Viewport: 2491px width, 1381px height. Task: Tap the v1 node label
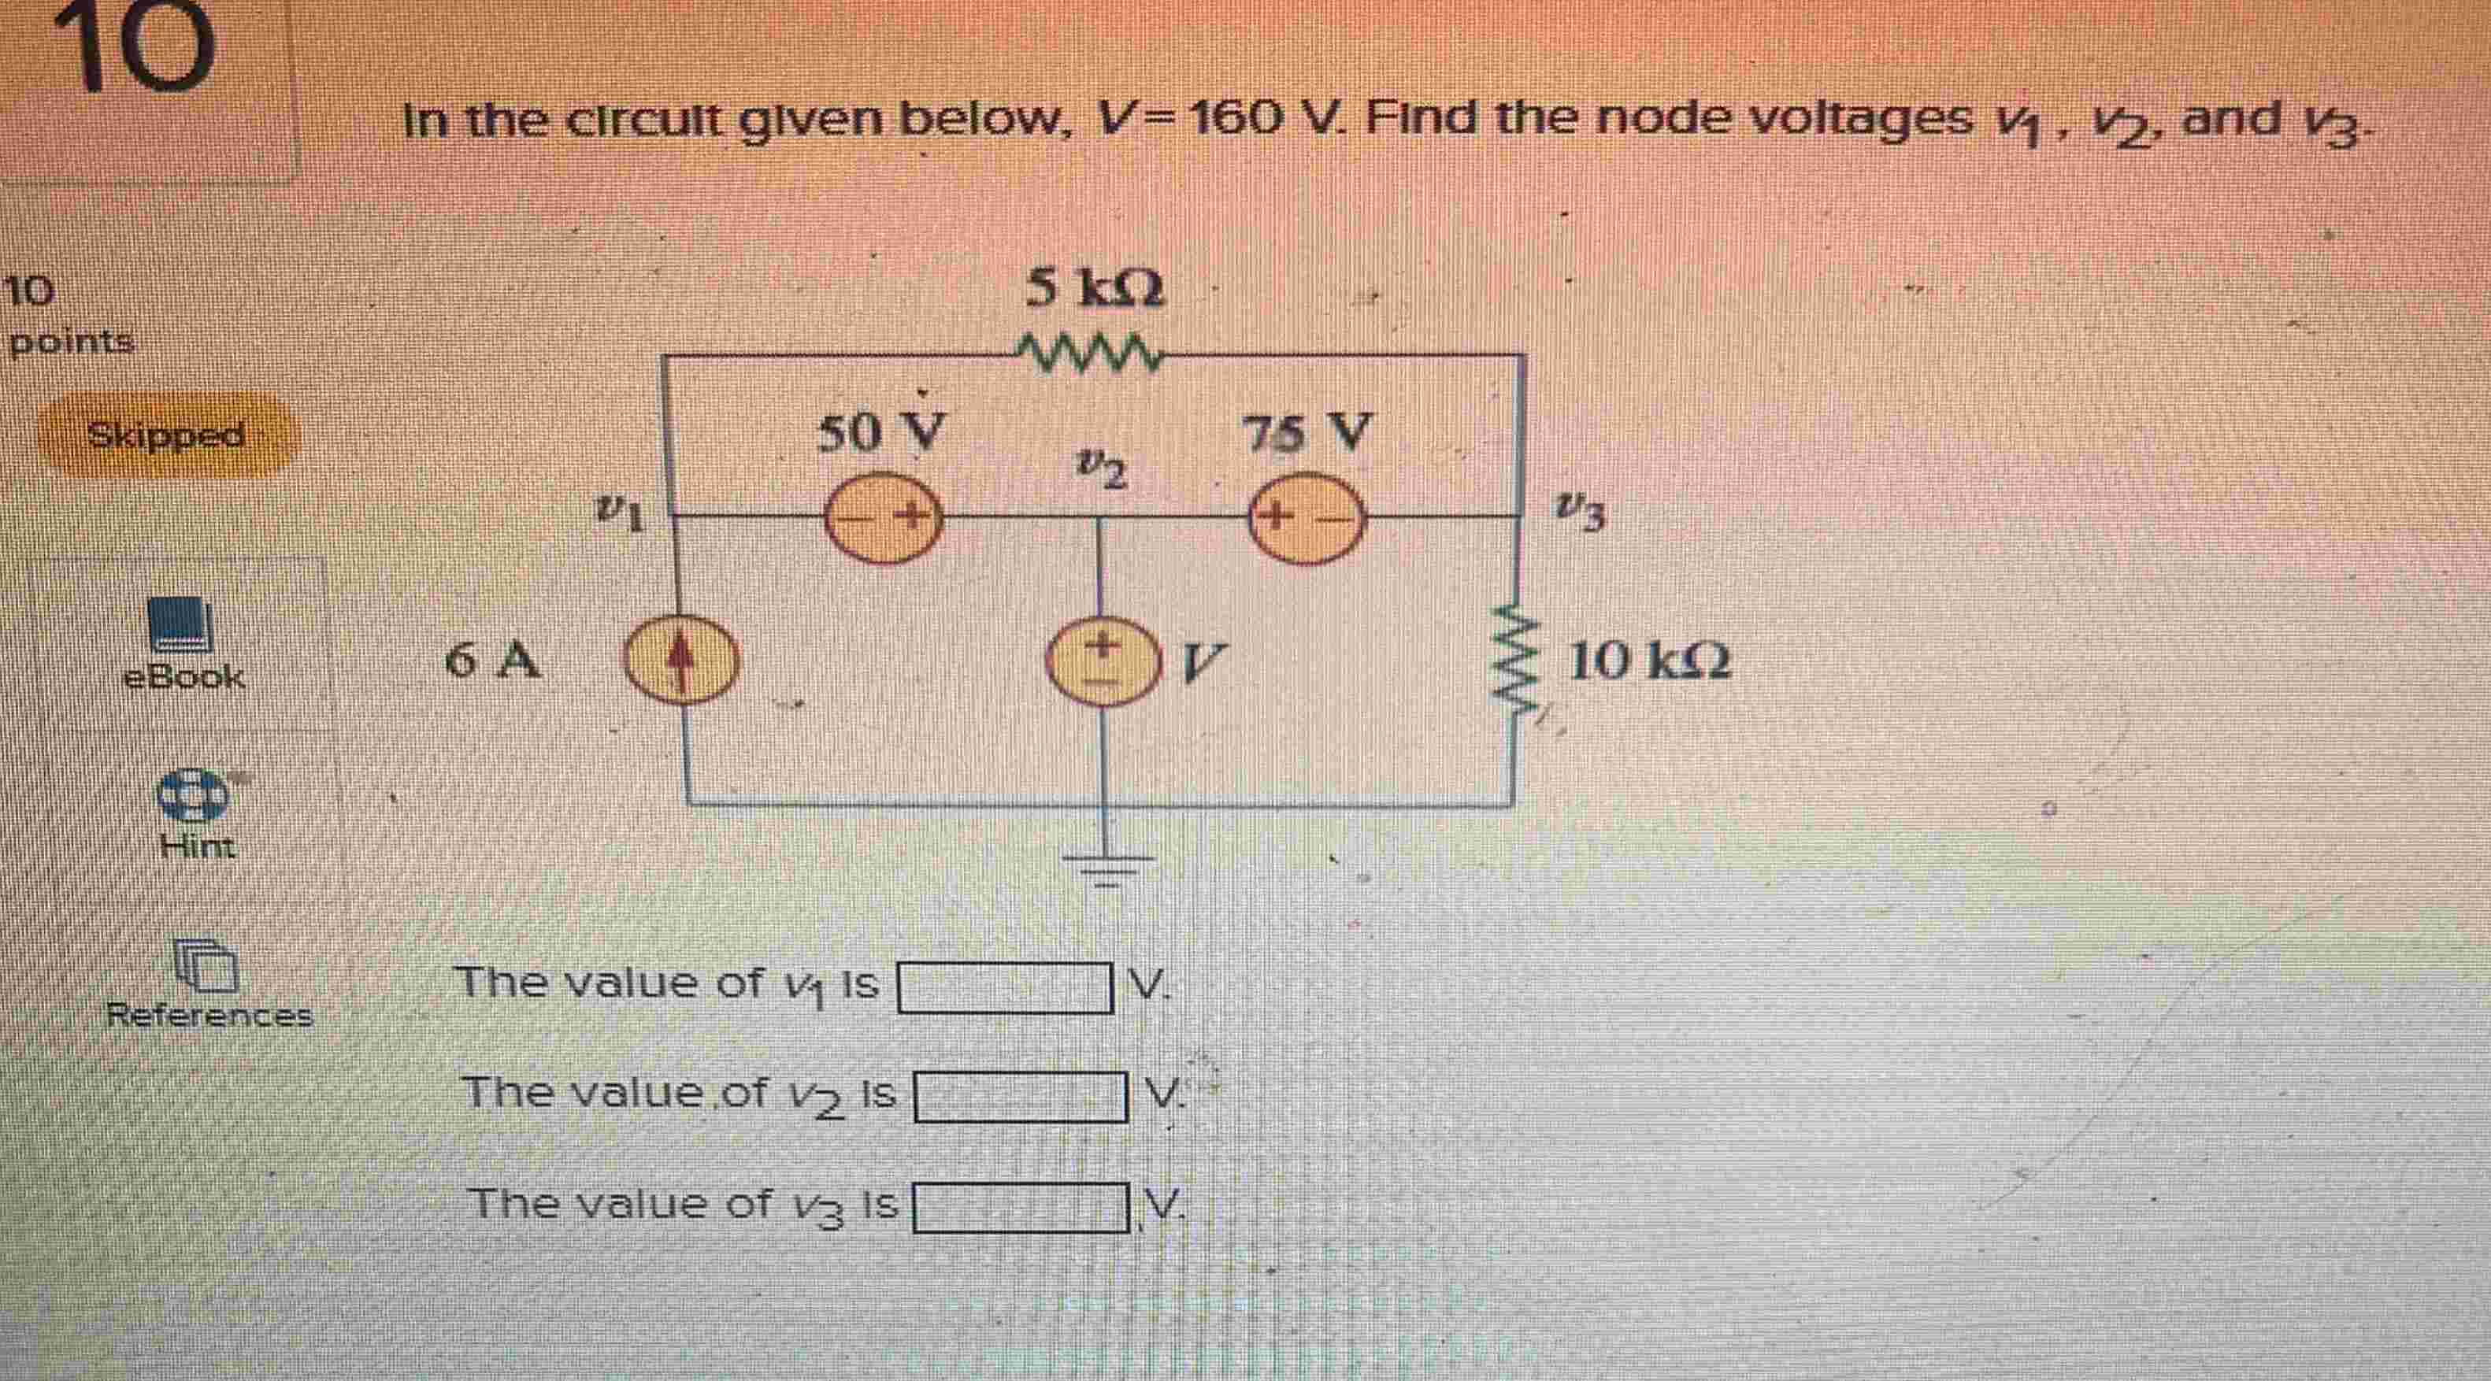(619, 513)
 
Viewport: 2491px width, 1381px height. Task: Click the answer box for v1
(1005, 988)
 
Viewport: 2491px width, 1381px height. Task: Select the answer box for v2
(1020, 1098)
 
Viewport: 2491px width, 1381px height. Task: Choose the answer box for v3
(1020, 1209)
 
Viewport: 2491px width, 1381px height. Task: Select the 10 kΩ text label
(1649, 662)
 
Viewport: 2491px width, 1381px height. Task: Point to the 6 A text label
(493, 662)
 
